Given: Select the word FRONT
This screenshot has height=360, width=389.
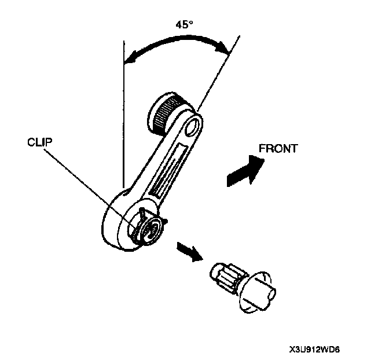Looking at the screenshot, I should [278, 148].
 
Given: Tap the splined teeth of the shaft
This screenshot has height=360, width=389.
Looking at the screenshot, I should [223, 274].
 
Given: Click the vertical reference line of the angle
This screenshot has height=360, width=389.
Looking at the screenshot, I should [123, 116].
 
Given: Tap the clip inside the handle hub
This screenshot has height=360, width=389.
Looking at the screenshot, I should [149, 226].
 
